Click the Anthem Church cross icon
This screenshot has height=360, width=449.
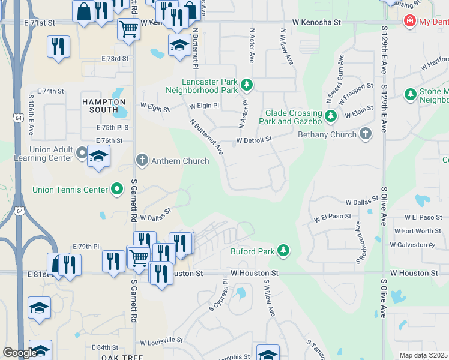tap(142, 160)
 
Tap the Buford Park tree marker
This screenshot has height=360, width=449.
tap(283, 250)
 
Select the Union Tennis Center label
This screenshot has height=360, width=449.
tap(70, 190)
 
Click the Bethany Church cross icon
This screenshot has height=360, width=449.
tap(366, 134)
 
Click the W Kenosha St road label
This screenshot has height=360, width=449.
tap(316, 22)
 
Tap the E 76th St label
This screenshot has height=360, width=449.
tap(109, 140)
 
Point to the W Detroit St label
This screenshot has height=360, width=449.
tap(254, 139)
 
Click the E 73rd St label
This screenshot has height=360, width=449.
tap(115, 58)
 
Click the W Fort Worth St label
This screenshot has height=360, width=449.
tap(417, 231)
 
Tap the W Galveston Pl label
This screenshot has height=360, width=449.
tap(412, 245)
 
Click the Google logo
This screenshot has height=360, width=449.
tap(20, 353)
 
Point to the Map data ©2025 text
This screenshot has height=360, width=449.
tap(423, 355)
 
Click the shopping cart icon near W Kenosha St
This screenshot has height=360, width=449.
tap(128, 28)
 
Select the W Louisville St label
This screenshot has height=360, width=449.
tap(161, 341)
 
